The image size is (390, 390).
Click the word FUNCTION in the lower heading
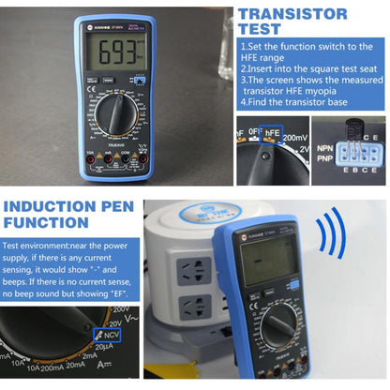coord(52,222)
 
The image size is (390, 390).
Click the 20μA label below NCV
coord(90,349)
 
